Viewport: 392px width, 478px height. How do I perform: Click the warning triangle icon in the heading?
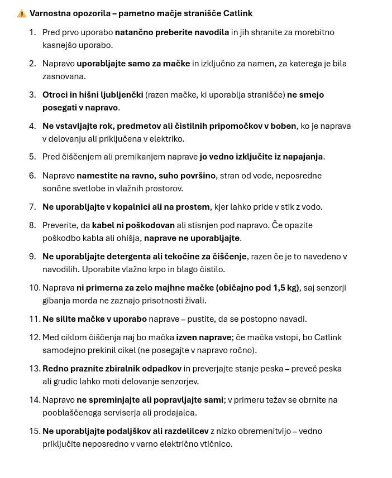22,13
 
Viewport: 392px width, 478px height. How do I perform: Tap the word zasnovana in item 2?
64,76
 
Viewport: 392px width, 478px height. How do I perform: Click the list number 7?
33,207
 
